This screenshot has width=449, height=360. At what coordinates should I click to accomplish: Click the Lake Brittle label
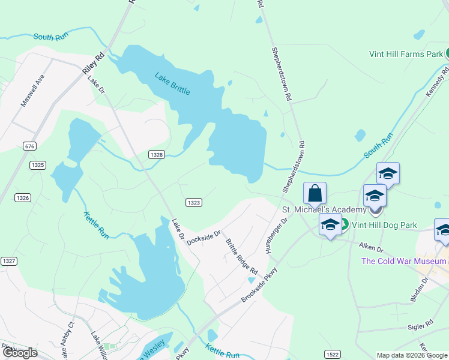point(172,83)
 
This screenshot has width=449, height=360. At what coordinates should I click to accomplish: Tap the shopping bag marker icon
point(315,193)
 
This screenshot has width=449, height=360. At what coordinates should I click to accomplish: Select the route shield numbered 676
point(29,146)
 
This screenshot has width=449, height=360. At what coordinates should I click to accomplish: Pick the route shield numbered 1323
point(193,203)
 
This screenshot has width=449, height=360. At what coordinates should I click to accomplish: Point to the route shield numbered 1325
point(38,165)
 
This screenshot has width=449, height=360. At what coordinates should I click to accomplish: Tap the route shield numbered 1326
point(23,197)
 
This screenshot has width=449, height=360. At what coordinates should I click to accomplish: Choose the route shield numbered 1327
point(8,260)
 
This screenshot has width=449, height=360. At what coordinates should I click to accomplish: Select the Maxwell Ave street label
point(32,91)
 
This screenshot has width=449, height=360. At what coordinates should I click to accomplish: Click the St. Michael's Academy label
point(324,209)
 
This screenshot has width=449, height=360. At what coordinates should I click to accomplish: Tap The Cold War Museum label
point(403,261)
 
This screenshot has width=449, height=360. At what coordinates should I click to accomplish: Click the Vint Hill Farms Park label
point(405,54)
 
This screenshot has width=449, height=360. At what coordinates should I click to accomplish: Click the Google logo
point(20,353)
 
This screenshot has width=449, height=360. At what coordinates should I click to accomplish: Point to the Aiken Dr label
point(371,246)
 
